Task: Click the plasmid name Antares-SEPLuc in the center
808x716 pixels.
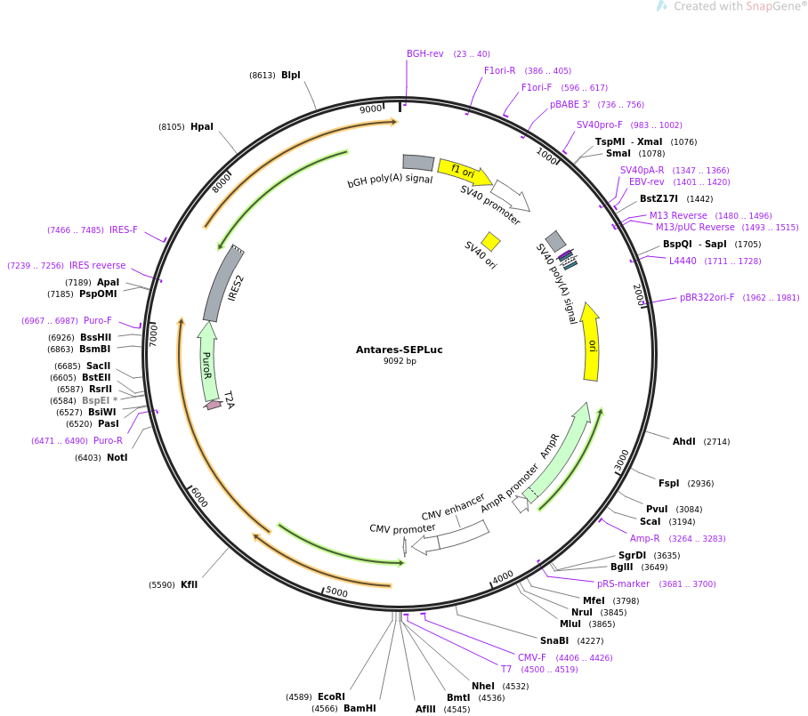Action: pos(399,350)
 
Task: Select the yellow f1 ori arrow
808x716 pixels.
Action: pos(464,170)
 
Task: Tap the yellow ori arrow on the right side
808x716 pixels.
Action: pos(591,342)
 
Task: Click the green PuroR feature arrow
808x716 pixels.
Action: pos(207,360)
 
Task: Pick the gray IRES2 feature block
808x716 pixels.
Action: pos(223,284)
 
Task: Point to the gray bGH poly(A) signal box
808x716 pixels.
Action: pos(418,162)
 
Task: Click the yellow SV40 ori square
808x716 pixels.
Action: pos(490,241)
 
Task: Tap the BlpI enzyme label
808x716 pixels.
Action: pos(291,76)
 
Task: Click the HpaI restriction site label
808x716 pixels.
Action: pos(202,126)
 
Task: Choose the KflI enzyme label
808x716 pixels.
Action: pos(190,584)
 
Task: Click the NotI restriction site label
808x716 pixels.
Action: pos(117,458)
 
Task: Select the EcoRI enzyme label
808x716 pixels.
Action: pos(331,696)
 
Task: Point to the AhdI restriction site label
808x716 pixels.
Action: pos(684,441)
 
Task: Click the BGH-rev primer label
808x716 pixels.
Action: pos(424,53)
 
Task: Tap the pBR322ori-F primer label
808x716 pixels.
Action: pos(707,298)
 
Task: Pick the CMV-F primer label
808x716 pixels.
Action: pos(532,657)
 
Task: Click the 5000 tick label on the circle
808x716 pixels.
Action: pos(336,592)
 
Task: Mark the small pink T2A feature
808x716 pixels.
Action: pos(214,405)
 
